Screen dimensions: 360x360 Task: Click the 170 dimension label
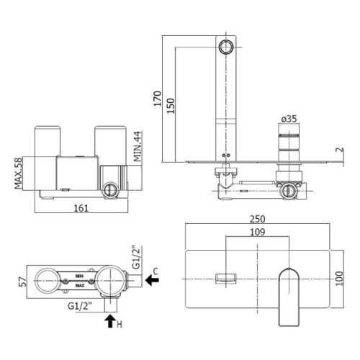158,99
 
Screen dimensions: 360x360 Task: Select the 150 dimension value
171,106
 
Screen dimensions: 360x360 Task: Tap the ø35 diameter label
289,119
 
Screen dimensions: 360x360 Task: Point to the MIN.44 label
138,146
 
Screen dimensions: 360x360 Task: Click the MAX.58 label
18,173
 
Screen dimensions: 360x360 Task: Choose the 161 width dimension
81,208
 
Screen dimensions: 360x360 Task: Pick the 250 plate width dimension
258,219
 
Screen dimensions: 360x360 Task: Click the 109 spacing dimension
258,232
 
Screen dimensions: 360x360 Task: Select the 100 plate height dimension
339,279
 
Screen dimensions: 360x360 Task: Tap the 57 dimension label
23,282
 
